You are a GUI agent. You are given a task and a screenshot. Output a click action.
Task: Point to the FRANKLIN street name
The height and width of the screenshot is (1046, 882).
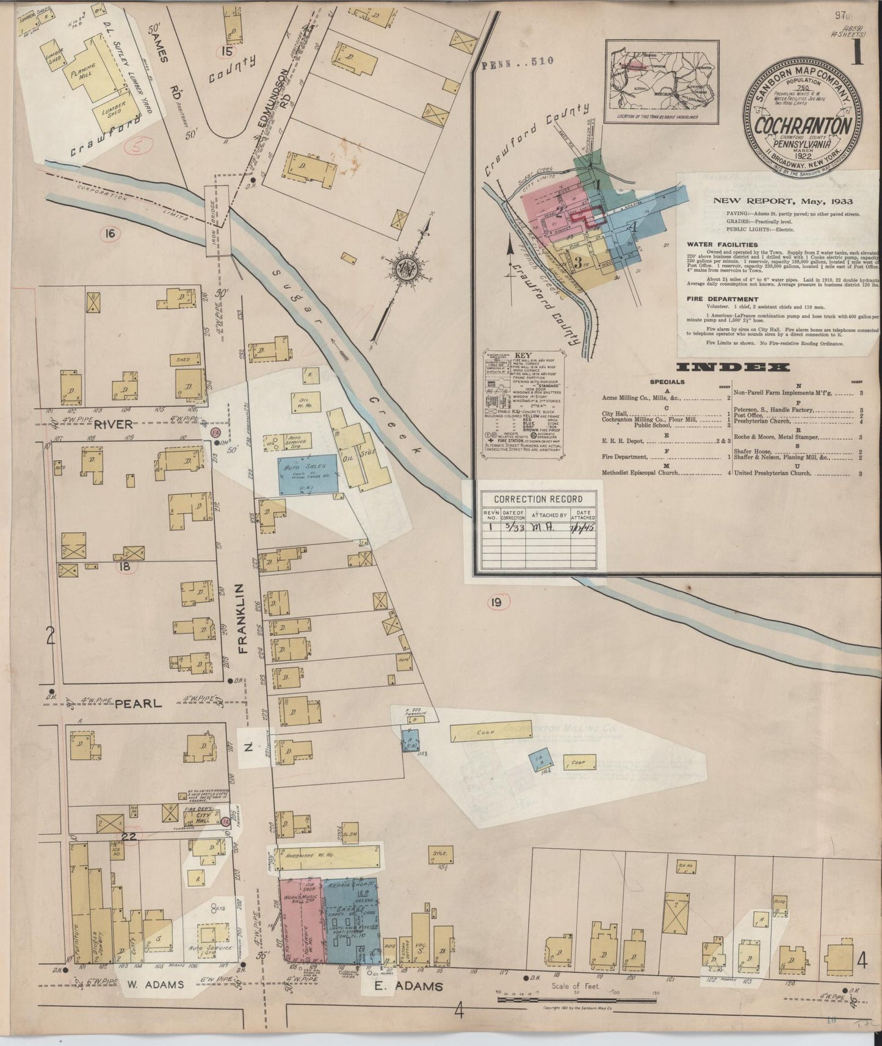242,618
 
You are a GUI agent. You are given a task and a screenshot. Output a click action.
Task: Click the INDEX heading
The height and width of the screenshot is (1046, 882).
733,367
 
